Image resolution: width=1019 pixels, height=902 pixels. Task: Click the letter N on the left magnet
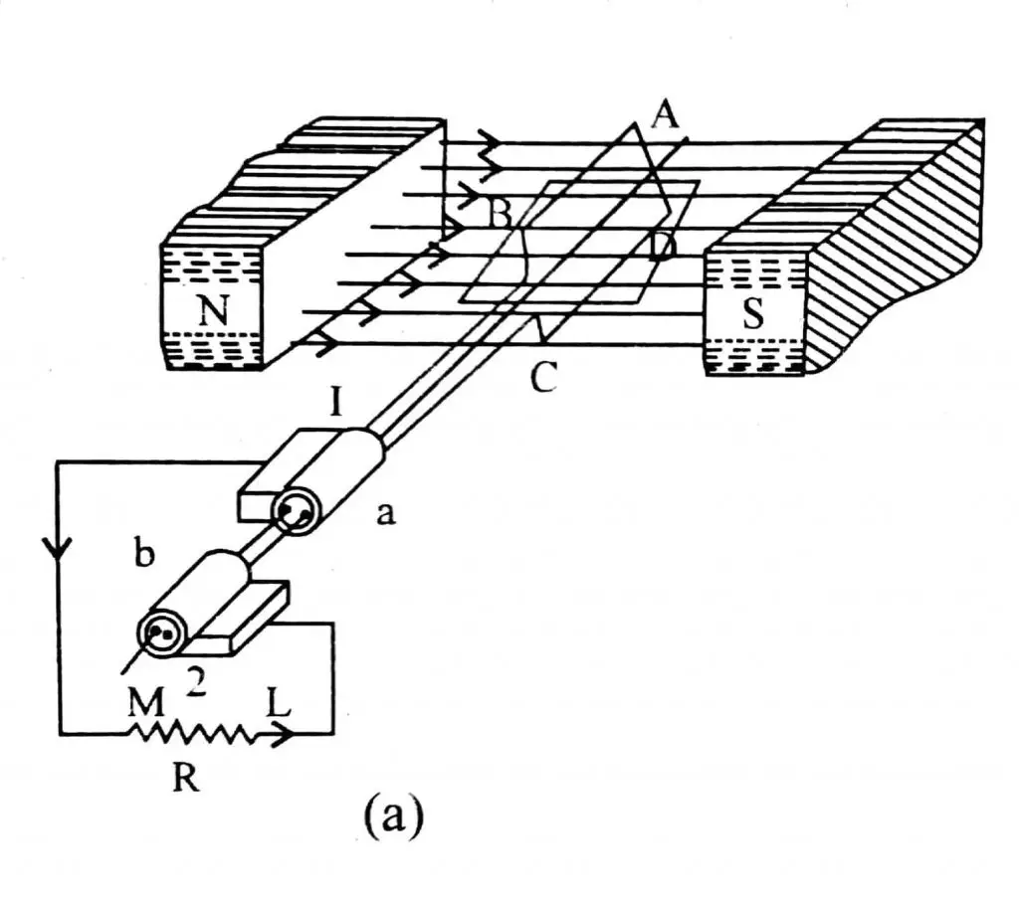tap(211, 311)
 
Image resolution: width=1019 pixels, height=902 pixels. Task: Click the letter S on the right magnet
tap(753, 314)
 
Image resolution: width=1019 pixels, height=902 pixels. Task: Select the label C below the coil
tap(543, 378)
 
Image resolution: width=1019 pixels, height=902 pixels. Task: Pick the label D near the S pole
tap(660, 245)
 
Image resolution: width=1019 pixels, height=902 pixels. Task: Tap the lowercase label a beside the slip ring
tap(385, 514)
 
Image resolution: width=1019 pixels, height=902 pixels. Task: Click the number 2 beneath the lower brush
tap(195, 682)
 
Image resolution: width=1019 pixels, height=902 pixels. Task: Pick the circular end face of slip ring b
tap(162, 632)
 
